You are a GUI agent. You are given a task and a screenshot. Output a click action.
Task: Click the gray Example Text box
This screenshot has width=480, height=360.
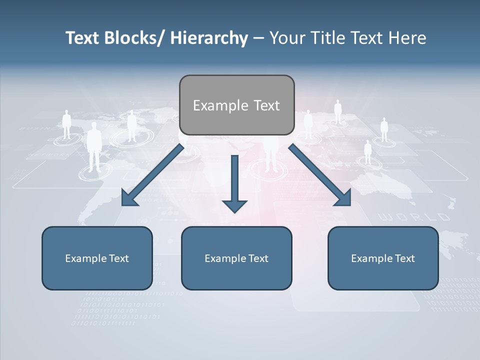click(x=236, y=105)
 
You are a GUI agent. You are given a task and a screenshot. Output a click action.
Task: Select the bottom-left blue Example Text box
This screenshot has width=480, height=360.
click(x=97, y=258)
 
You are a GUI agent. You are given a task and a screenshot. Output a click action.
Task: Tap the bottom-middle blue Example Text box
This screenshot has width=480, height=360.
click(x=236, y=258)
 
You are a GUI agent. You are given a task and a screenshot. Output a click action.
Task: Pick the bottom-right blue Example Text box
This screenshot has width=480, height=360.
click(x=383, y=258)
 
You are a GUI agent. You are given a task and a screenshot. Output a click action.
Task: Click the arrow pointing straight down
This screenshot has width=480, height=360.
click(x=234, y=183)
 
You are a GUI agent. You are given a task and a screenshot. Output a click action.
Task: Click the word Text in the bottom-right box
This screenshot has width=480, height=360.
click(x=404, y=258)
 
